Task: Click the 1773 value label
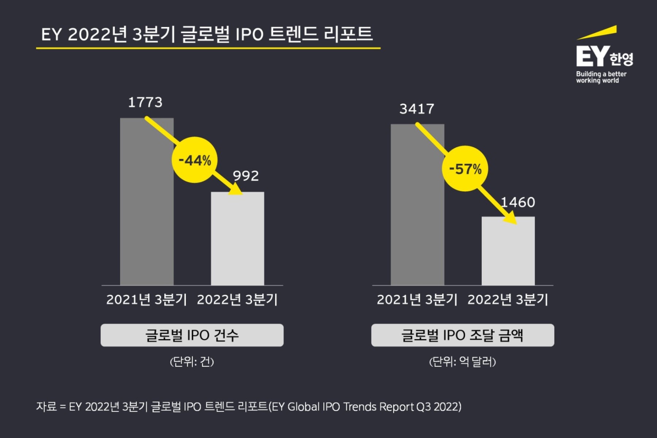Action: [145, 103]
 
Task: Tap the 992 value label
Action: [246, 176]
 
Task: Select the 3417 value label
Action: [416, 109]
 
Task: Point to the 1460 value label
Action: [518, 203]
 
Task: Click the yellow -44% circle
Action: [194, 160]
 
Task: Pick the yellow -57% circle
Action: [465, 169]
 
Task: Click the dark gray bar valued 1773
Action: [147, 219]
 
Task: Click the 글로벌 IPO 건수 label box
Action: [192, 335]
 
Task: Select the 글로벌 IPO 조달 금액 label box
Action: [462, 335]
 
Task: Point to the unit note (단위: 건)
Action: [192, 362]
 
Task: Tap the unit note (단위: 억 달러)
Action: [462, 362]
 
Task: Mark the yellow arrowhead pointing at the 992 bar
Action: [237, 189]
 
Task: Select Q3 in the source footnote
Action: [423, 407]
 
